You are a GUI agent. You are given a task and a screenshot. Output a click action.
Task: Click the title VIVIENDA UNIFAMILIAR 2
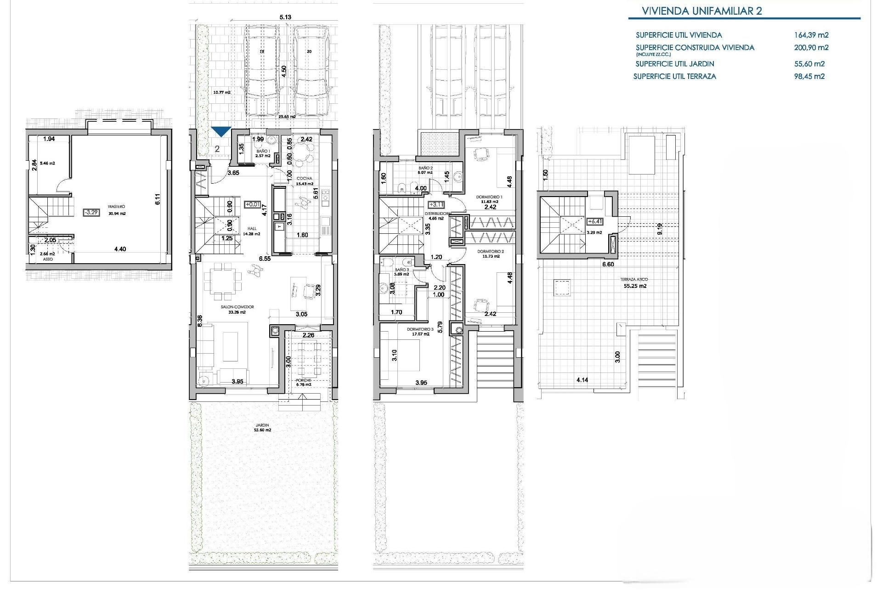pyautogui.click(x=701, y=11)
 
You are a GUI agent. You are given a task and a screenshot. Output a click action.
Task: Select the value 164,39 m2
pyautogui.click(x=811, y=35)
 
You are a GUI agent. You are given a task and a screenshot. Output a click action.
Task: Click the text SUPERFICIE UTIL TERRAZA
pyautogui.click(x=674, y=77)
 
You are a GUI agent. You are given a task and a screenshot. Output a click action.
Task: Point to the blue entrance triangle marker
pyautogui.click(x=221, y=131)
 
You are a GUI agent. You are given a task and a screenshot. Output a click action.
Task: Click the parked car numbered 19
pyautogui.click(x=262, y=69)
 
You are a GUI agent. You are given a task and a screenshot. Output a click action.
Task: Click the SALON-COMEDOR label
pyautogui.click(x=237, y=307)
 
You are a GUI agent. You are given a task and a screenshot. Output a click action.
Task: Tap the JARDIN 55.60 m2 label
pyautogui.click(x=262, y=428)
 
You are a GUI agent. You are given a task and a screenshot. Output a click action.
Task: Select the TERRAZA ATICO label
pyautogui.click(x=633, y=280)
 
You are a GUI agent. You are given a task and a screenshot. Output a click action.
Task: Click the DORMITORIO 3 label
pyautogui.click(x=420, y=330)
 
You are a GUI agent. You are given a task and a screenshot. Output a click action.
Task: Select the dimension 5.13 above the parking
pyautogui.click(x=285, y=17)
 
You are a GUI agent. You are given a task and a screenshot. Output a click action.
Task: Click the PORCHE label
pyautogui.click(x=304, y=380)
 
